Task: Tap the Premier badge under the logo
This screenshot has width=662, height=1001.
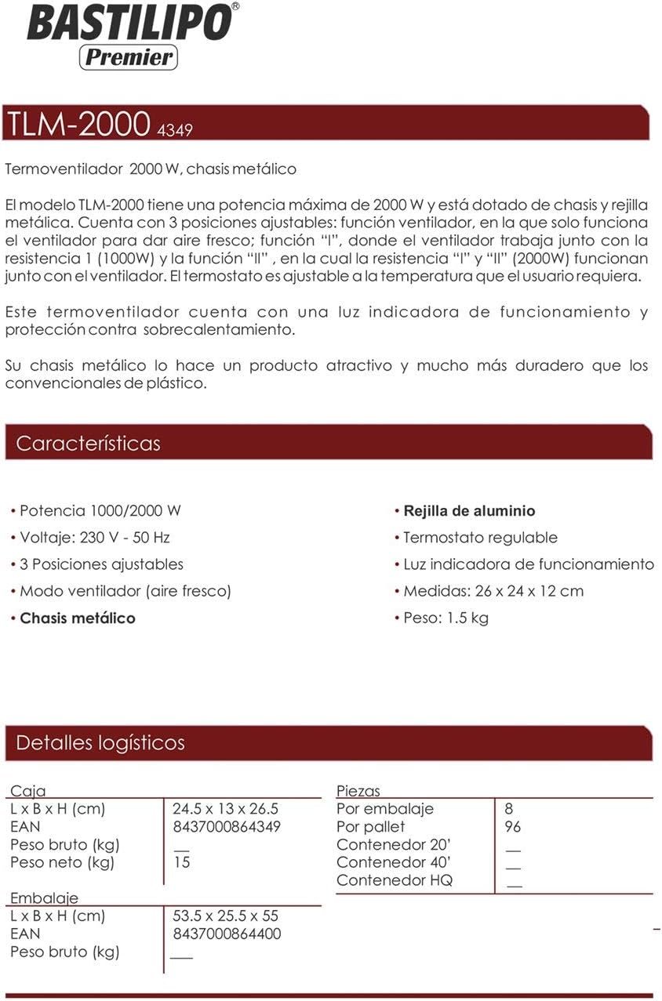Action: pos(128,57)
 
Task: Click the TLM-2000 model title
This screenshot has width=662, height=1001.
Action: pos(77,124)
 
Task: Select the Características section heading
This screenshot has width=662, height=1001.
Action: pos(88,443)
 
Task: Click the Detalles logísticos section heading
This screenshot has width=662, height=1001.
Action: pos(100,742)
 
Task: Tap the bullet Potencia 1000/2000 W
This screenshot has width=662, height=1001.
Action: pos(100,511)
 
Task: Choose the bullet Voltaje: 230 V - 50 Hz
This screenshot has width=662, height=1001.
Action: pos(94,538)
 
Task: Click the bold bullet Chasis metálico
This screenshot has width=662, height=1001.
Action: pos(77,618)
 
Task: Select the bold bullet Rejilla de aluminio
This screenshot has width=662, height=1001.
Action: pos(469,511)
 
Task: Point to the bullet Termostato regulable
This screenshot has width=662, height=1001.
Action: pos(480,538)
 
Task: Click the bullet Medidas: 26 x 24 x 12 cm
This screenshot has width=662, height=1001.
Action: pos(493,591)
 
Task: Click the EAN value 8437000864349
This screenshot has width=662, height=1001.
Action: pos(227,827)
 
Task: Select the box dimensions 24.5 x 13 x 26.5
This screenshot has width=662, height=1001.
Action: pos(226,809)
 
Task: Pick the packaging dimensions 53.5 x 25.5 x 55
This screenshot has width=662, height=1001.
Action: pos(226,916)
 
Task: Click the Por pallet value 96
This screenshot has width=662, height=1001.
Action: pos(513,827)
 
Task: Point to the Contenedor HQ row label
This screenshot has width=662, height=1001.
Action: pos(394,880)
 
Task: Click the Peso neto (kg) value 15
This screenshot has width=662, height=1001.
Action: pos(181,862)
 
